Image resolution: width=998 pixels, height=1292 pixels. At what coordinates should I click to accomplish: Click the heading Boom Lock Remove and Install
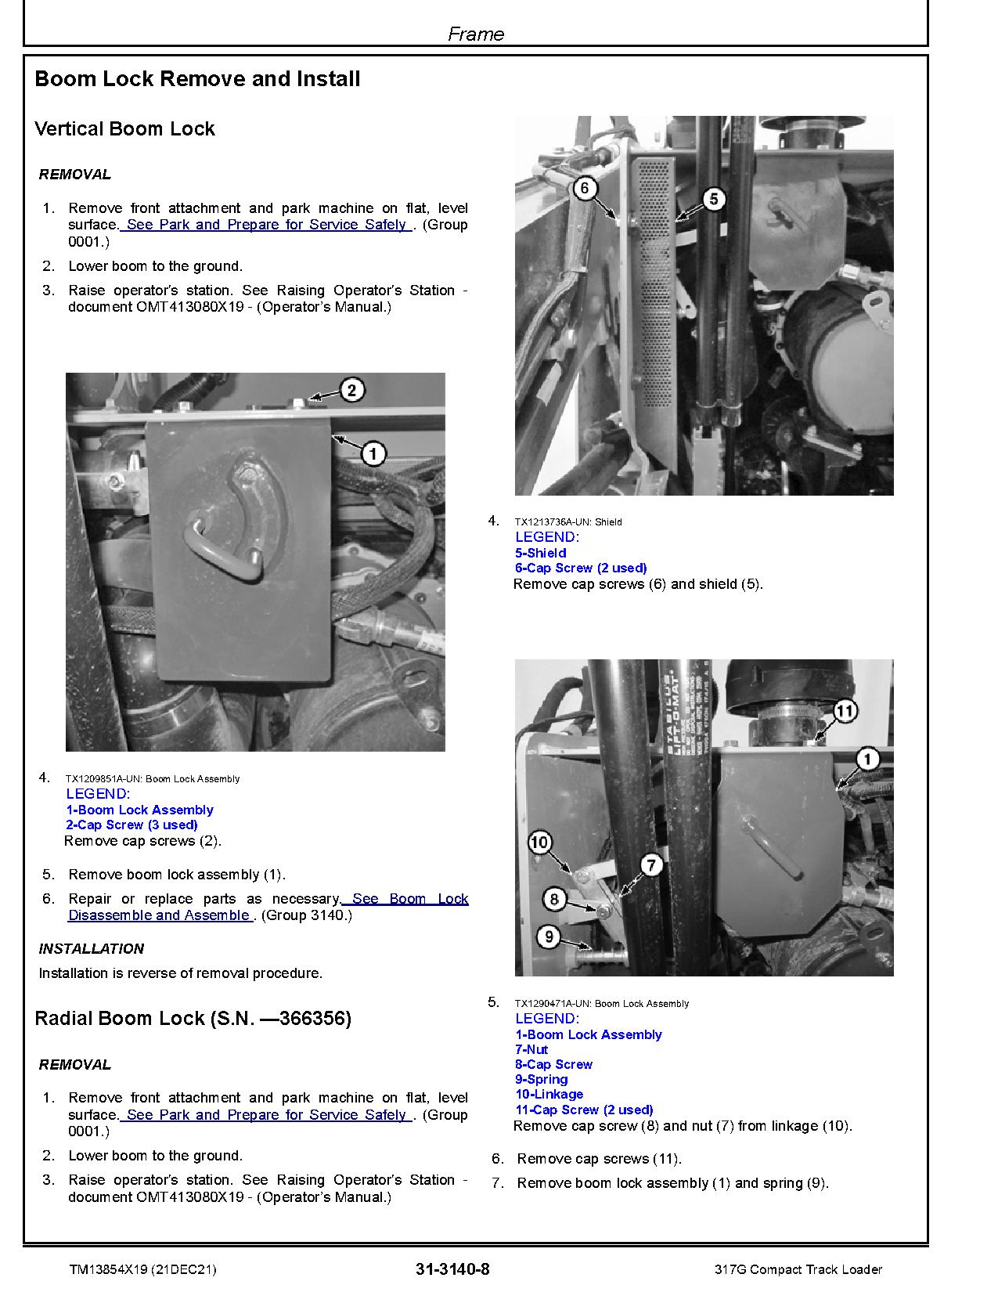click(197, 79)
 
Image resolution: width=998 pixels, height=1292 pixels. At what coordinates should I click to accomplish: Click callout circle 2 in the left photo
click(351, 390)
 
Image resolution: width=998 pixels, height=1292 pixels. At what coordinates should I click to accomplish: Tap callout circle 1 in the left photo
click(373, 453)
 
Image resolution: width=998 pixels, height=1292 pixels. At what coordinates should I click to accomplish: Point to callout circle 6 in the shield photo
click(585, 188)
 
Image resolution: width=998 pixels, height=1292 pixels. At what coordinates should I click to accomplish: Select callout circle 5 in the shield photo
click(713, 199)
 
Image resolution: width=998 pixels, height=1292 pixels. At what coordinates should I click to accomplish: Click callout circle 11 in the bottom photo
click(844, 711)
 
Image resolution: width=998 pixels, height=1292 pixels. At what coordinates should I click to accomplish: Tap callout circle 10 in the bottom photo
click(540, 843)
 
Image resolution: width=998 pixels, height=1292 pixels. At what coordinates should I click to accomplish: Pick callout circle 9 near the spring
click(549, 936)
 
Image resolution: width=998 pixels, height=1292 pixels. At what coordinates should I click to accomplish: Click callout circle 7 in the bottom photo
click(651, 864)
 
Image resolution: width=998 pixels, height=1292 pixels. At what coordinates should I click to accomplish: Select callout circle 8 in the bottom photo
click(554, 898)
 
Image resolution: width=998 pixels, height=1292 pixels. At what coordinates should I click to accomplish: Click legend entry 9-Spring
click(541, 1079)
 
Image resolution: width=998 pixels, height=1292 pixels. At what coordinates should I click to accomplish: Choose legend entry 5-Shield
click(540, 553)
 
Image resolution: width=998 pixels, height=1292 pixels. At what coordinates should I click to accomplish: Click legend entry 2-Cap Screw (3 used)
click(132, 825)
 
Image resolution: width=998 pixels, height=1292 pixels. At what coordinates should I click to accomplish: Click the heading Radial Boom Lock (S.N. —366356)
click(193, 1019)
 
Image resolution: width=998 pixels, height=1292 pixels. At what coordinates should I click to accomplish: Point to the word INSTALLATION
click(92, 949)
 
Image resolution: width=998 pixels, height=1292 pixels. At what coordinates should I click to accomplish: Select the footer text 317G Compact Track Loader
click(798, 1269)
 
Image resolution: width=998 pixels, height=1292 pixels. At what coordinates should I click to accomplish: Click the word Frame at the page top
click(476, 34)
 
